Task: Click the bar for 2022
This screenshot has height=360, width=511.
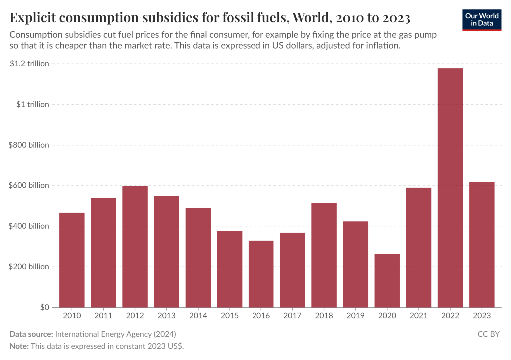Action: (450, 187)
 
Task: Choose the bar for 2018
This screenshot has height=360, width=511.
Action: (324, 255)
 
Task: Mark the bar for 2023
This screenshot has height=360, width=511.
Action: (482, 244)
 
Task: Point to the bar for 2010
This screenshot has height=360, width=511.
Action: (72, 260)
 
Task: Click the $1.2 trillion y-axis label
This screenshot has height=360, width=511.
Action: (29, 64)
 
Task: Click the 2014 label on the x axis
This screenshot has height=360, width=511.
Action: (198, 316)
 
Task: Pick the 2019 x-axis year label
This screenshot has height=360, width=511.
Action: (355, 316)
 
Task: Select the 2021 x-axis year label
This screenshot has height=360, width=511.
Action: (419, 316)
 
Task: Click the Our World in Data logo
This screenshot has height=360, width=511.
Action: (481, 19)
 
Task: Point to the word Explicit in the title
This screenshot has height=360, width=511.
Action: (33, 19)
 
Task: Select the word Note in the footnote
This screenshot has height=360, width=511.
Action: (19, 346)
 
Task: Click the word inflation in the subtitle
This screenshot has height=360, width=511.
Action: (383, 46)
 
